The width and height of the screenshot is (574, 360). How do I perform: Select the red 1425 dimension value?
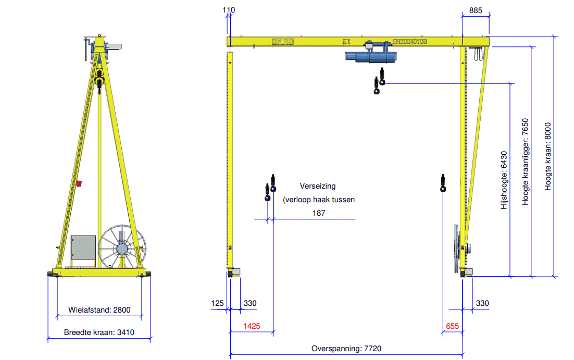[x=252, y=327]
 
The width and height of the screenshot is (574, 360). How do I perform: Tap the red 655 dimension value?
[x=452, y=327]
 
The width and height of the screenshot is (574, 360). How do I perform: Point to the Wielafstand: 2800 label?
[x=99, y=310]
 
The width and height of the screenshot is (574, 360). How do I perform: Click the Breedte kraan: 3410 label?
[x=99, y=332]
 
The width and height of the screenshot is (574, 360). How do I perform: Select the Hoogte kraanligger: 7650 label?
[x=526, y=162]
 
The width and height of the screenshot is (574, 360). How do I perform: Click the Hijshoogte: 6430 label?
[x=504, y=180]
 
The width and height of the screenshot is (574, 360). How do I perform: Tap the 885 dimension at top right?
[x=475, y=10]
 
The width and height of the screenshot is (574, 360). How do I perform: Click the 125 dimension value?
[x=218, y=303]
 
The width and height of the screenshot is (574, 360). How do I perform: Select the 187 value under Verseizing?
[x=319, y=213]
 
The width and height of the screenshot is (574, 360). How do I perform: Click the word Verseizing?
[x=318, y=186]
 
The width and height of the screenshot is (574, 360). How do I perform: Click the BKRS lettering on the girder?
[x=282, y=42]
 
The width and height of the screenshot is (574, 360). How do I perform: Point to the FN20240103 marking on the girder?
[x=409, y=41]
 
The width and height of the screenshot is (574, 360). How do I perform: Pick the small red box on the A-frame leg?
[x=80, y=183]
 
